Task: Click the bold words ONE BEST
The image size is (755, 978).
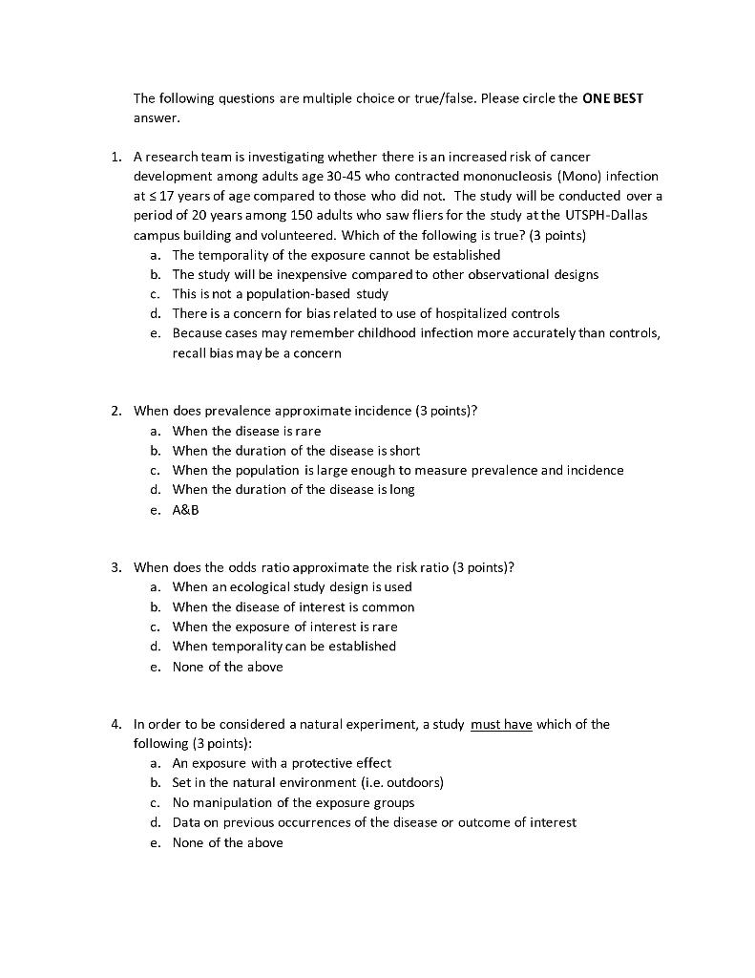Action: pyautogui.click(x=613, y=98)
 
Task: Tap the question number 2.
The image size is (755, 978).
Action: pyautogui.click(x=115, y=412)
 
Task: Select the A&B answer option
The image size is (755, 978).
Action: pyautogui.click(x=185, y=510)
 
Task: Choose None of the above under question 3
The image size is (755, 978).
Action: pyautogui.click(x=227, y=667)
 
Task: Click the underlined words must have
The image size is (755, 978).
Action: pyautogui.click(x=501, y=725)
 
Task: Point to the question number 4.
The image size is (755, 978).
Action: pyautogui.click(x=115, y=725)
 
